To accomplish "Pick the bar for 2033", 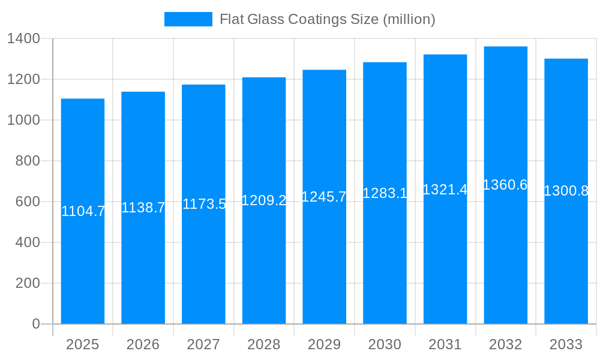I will click(566, 258).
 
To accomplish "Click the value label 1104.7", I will click(83, 211).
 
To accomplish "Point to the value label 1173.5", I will click(204, 204).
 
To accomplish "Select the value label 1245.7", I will click(324, 197).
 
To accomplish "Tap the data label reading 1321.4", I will click(445, 190).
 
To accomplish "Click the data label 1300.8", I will click(566, 191).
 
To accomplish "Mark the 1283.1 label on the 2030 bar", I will click(385, 193).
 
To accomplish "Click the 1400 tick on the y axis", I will click(23, 38).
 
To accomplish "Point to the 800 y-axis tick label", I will click(28, 161).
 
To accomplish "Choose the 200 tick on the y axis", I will click(28, 283).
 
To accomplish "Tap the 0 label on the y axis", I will click(35, 324).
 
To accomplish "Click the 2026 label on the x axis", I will click(143, 344).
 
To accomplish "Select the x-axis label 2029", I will click(324, 344).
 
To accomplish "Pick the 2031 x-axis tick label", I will click(445, 344).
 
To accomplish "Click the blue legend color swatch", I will click(188, 19).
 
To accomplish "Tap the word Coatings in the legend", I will click(317, 19).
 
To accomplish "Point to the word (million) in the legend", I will click(409, 19).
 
